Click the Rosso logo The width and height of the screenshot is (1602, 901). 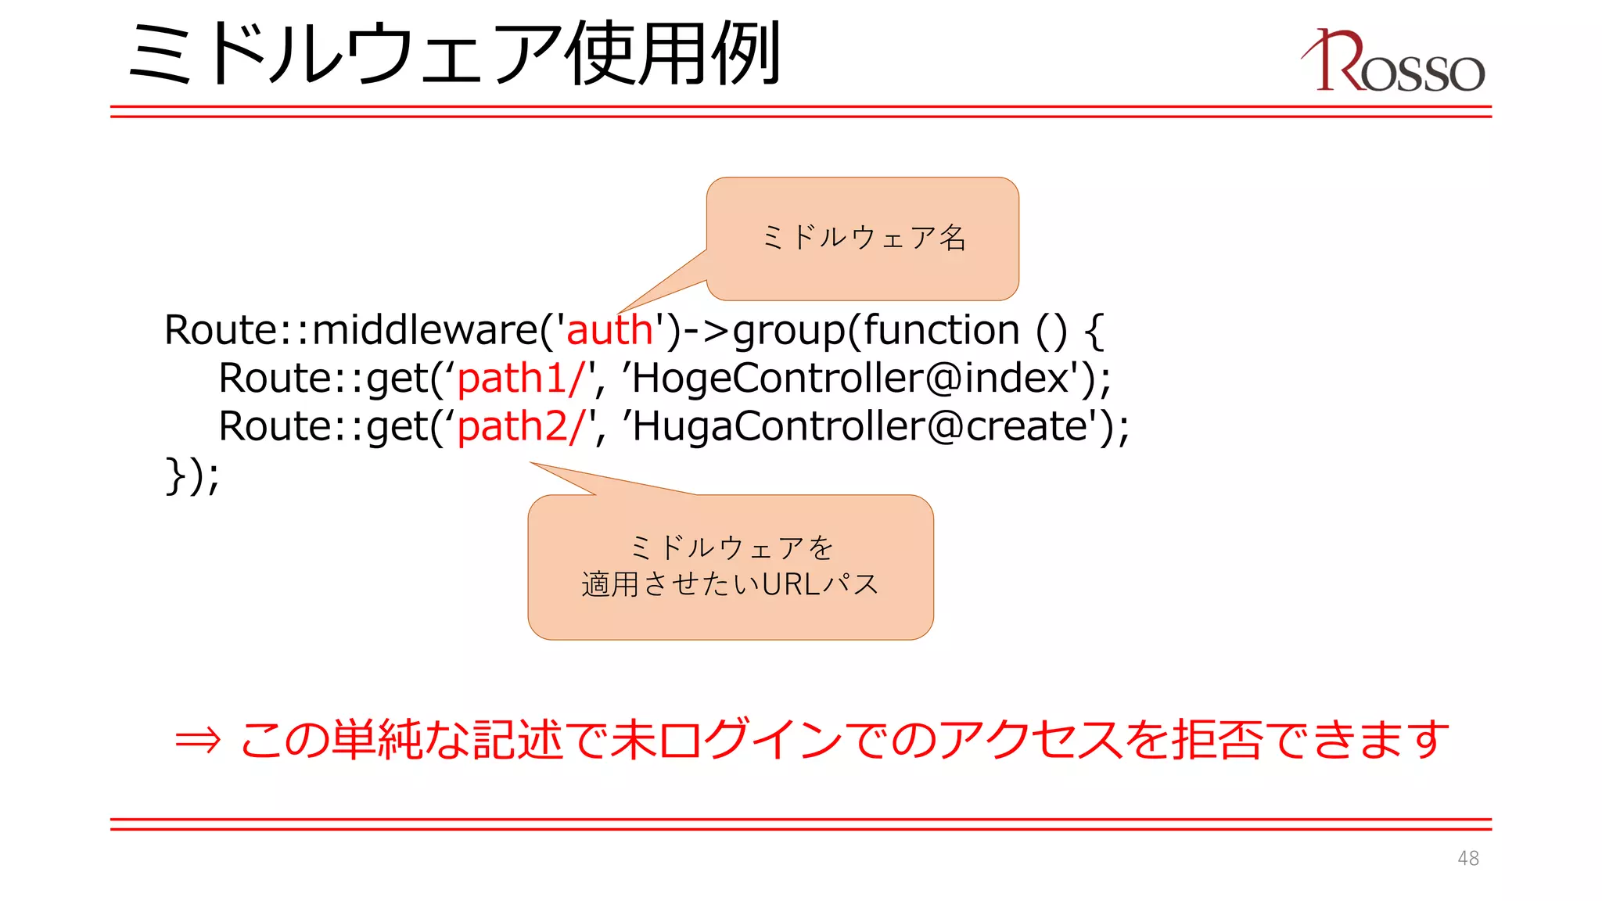point(1393,62)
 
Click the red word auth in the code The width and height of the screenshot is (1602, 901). point(609,330)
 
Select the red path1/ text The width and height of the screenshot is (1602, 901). point(521,379)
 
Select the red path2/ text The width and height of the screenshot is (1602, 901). point(521,427)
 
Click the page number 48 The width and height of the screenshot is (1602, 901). point(1467,858)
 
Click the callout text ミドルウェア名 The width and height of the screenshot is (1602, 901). point(864,238)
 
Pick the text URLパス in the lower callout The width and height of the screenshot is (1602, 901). point(821,584)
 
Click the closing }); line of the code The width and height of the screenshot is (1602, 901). point(192,476)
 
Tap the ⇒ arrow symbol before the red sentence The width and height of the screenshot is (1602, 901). point(198,740)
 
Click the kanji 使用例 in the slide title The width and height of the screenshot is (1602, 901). point(673,53)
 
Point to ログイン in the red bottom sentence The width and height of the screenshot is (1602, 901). point(749,740)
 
